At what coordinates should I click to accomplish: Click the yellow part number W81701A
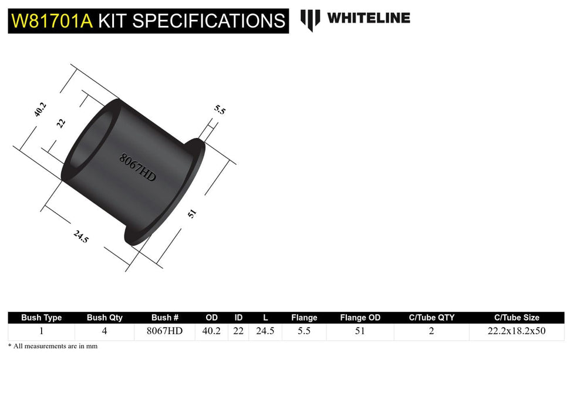pyautogui.click(x=52, y=21)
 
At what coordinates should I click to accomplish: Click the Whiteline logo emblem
pyautogui.click(x=310, y=19)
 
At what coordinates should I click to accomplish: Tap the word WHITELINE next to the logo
pyautogui.click(x=368, y=18)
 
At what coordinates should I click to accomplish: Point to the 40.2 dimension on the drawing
pyautogui.click(x=40, y=110)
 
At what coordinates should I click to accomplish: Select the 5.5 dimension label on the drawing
pyautogui.click(x=220, y=110)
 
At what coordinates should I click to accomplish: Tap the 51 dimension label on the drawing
pyautogui.click(x=191, y=214)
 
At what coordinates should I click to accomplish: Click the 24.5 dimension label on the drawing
pyautogui.click(x=81, y=237)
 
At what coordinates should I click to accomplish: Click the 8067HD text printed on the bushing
pyautogui.click(x=137, y=167)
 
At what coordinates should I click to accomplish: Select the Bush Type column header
pyautogui.click(x=41, y=318)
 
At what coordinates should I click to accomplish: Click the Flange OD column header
pyautogui.click(x=360, y=318)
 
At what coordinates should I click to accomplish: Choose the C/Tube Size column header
pyautogui.click(x=517, y=318)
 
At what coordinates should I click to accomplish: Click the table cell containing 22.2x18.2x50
pyautogui.click(x=517, y=331)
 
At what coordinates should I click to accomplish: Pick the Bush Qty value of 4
pyautogui.click(x=104, y=331)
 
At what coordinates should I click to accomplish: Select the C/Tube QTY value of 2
pyautogui.click(x=431, y=331)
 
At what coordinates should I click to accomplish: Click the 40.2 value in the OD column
pyautogui.click(x=211, y=331)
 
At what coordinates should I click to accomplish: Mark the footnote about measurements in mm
pyautogui.click(x=53, y=346)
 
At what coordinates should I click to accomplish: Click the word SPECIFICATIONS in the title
pyautogui.click(x=209, y=21)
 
